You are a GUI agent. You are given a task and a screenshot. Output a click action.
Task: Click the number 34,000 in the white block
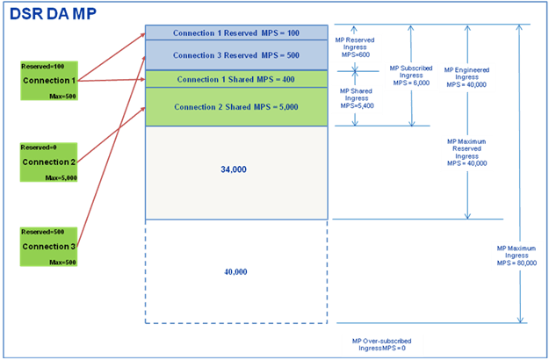pyautogui.click(x=234, y=169)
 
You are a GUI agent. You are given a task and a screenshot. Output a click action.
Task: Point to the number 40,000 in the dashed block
pyautogui.click(x=235, y=272)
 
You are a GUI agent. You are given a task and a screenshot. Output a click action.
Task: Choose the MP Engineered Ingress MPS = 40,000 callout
pyautogui.click(x=467, y=76)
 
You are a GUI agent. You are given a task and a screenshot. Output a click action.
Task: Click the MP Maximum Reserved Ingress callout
pyautogui.click(x=466, y=152)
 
